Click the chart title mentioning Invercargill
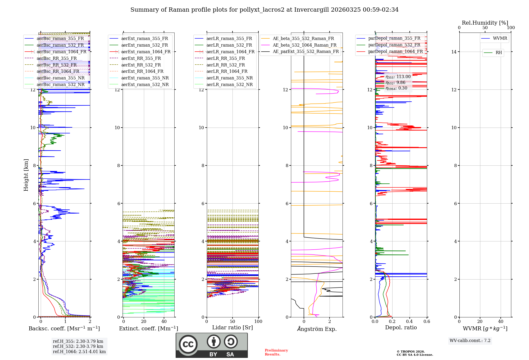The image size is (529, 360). (x=264, y=10)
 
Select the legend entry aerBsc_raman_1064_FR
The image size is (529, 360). (x=61, y=52)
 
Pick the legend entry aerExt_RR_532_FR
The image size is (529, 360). (x=141, y=65)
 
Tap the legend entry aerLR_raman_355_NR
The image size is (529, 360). (x=229, y=78)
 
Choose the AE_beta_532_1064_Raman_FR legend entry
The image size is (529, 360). (x=304, y=45)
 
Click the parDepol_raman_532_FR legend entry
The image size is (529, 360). (x=394, y=45)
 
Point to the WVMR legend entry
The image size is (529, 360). (x=500, y=38)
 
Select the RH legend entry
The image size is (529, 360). (x=499, y=53)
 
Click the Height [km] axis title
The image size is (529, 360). (x=26, y=175)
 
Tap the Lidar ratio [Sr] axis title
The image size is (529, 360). (x=232, y=327)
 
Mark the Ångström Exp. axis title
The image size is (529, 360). (x=317, y=329)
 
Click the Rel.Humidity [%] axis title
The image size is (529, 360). (x=485, y=23)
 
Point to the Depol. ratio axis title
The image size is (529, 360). (x=401, y=327)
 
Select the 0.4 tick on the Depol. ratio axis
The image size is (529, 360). (x=409, y=321)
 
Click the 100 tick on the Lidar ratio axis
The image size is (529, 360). (x=258, y=321)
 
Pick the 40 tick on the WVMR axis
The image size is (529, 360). (x=500, y=321)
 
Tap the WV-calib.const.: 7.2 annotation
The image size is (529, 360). (x=470, y=340)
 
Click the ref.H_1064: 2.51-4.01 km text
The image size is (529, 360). (x=79, y=352)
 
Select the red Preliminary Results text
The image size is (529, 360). (x=276, y=352)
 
